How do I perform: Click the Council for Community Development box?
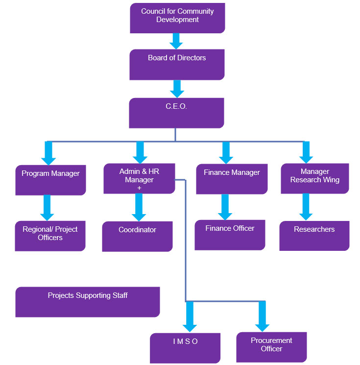pyautogui.click(x=177, y=18)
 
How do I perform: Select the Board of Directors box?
pyautogui.click(x=177, y=64)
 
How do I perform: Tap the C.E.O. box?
pyautogui.click(x=176, y=113)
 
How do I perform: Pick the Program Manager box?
pyautogui.click(x=50, y=180)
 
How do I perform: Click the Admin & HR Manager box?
pyautogui.click(x=139, y=178)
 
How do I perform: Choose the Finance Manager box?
pyautogui.click(x=232, y=179)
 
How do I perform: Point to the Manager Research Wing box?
pyautogui.click(x=314, y=178)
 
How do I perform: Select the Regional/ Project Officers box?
pyautogui.click(x=50, y=236)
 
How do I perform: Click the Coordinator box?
pyautogui.click(x=137, y=236)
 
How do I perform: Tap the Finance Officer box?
pyautogui.click(x=230, y=235)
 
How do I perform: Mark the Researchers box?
pyautogui.click(x=314, y=236)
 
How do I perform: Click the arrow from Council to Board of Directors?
pyautogui.click(x=177, y=41)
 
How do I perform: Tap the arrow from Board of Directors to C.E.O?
pyautogui.click(x=177, y=88)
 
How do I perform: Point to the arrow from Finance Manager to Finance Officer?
pyautogui.click(x=225, y=207)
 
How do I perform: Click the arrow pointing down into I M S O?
pyautogui.click(x=190, y=317)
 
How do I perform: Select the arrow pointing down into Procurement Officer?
pyautogui.click(x=262, y=316)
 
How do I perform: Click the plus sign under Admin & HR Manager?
pyautogui.click(x=139, y=188)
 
